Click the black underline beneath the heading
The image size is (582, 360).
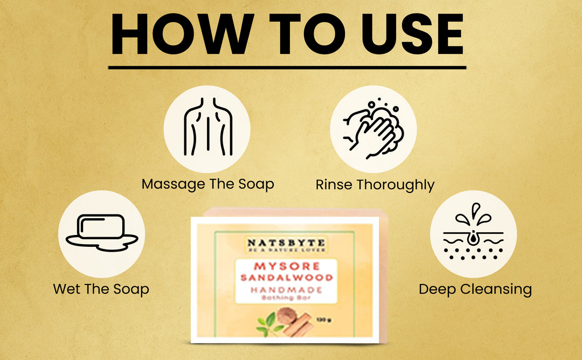pos(287,67)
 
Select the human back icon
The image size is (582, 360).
pos(207,129)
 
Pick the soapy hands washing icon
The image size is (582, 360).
pos(373,129)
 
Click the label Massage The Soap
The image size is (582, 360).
pos(207,184)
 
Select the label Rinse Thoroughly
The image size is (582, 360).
pos(375,185)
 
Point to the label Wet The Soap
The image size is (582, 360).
pos(101,289)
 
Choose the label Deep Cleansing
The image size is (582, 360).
pos(475,289)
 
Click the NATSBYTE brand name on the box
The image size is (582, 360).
pos(286,243)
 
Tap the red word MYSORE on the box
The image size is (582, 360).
pos(286,266)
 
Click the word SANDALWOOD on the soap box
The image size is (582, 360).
pos(286,278)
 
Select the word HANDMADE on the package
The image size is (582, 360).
pos(286,289)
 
